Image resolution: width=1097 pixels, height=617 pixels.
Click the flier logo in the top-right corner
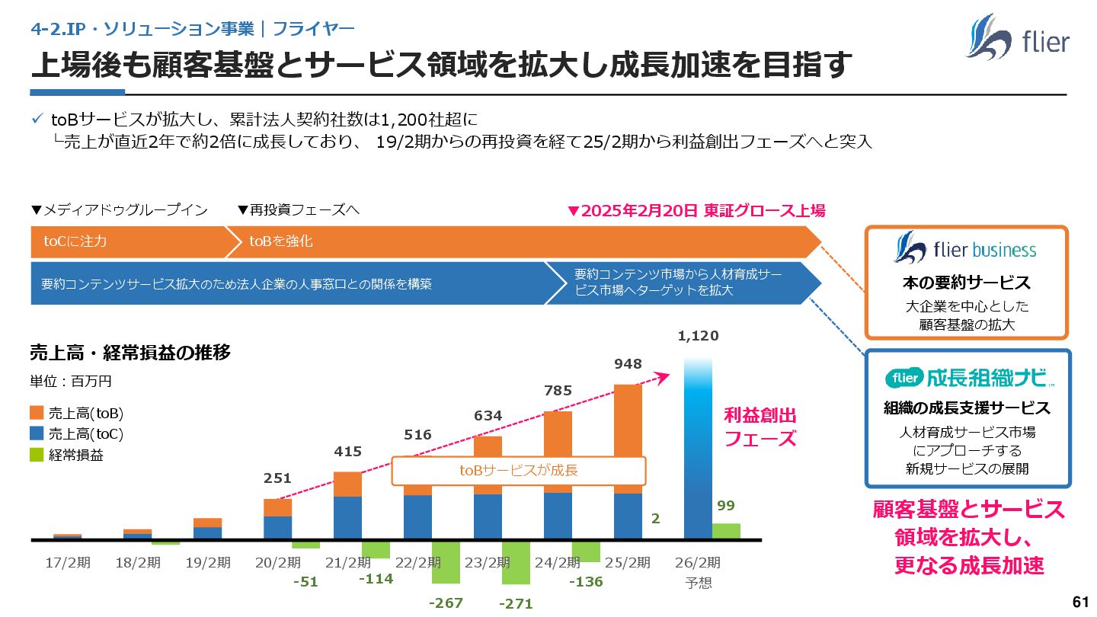pyautogui.click(x=1017, y=37)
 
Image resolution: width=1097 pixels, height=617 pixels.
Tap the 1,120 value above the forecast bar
pyautogui.click(x=698, y=336)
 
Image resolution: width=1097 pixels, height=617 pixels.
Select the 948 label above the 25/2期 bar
pyautogui.click(x=628, y=364)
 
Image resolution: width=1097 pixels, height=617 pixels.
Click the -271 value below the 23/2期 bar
pyautogui.click(x=516, y=604)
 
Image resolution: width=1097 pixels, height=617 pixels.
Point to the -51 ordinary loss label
pyautogui.click(x=305, y=582)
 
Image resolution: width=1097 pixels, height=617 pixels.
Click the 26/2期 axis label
pyautogui.click(x=697, y=563)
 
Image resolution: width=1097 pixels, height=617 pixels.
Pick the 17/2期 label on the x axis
pyautogui.click(x=68, y=563)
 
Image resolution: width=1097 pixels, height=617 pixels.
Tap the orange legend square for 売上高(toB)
pyautogui.click(x=37, y=413)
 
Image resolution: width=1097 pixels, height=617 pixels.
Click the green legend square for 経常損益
pyautogui.click(x=37, y=455)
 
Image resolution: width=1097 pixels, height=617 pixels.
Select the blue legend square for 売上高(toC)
pyautogui.click(x=37, y=434)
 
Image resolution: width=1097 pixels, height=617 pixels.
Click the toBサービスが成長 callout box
pyautogui.click(x=518, y=470)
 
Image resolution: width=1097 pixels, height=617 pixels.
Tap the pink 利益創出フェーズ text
pyautogui.click(x=760, y=427)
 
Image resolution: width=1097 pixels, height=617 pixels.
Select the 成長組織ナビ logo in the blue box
pyautogui.click(x=969, y=377)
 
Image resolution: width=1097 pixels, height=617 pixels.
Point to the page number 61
pyautogui.click(x=1079, y=602)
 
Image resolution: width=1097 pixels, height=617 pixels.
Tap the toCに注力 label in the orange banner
pyautogui.click(x=75, y=241)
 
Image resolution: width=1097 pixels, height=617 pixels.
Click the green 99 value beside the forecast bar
pyautogui.click(x=726, y=506)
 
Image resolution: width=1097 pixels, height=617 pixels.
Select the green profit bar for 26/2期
pyautogui.click(x=726, y=531)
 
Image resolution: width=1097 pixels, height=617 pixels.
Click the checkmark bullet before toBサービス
pyautogui.click(x=37, y=120)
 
